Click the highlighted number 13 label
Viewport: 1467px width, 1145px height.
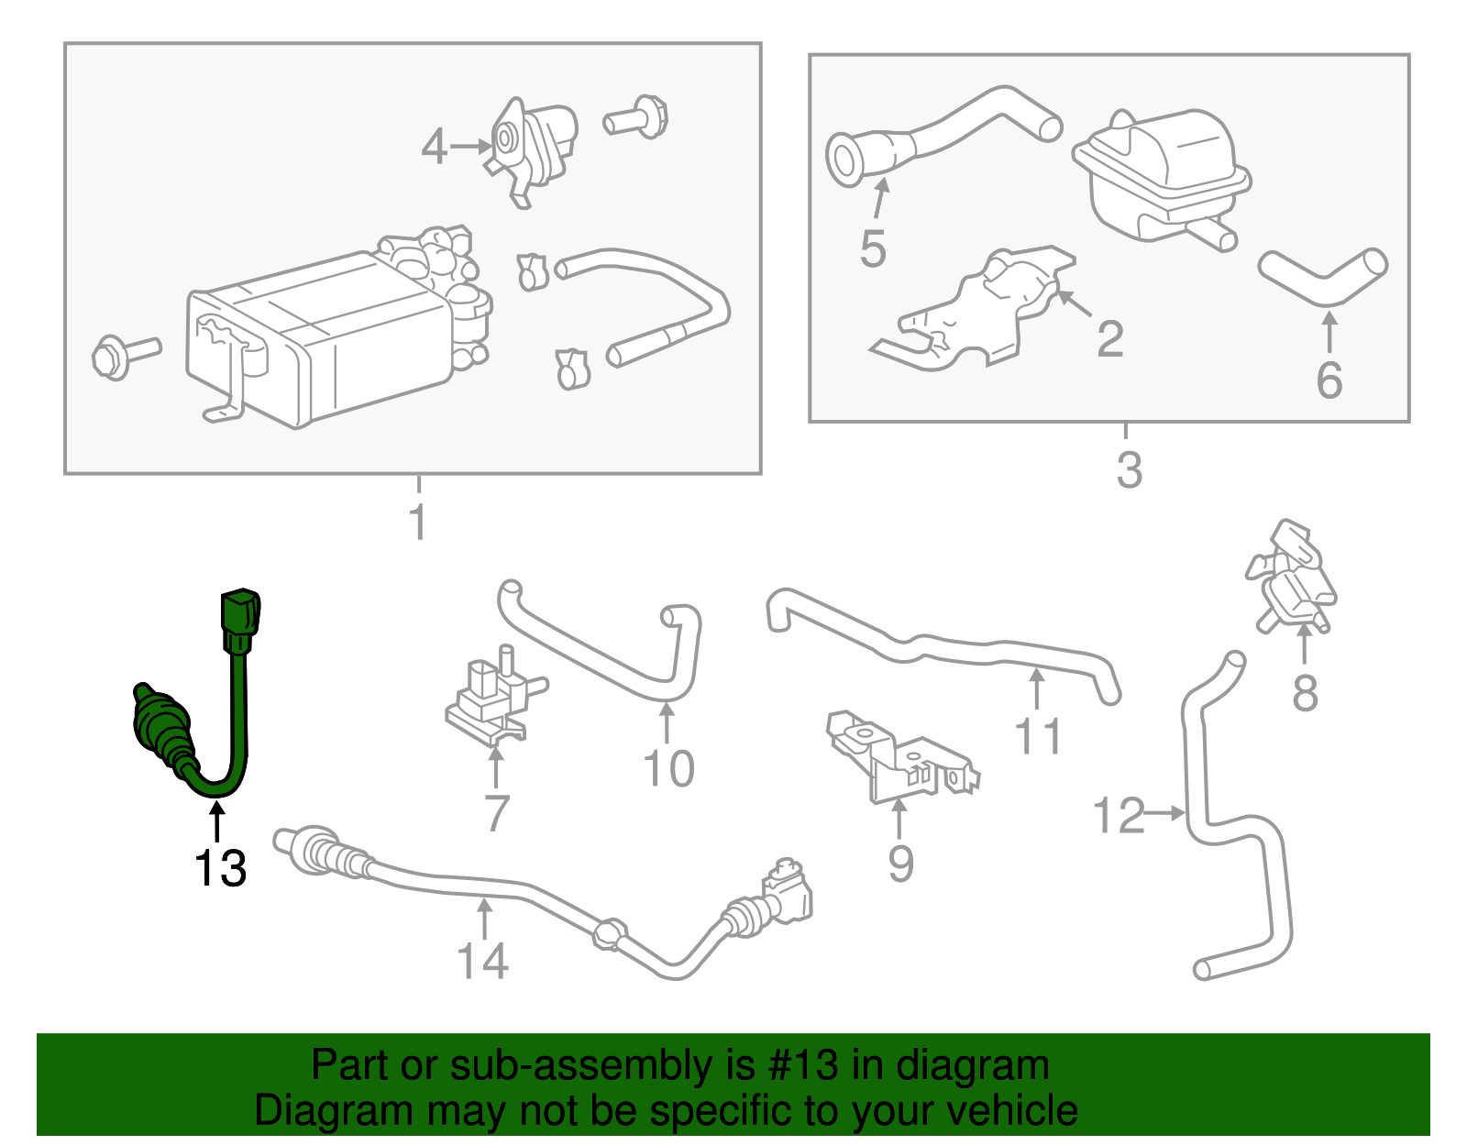(220, 868)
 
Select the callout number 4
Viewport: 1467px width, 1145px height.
(434, 147)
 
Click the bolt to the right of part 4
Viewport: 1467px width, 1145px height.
(636, 118)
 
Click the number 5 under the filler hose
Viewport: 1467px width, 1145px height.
(872, 249)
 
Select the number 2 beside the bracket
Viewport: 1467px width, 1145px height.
(1109, 339)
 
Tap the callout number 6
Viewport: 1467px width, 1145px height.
(1329, 380)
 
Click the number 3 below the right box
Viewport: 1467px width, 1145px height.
(1129, 469)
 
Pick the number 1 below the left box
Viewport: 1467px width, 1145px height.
(418, 523)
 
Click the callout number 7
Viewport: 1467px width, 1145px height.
(496, 812)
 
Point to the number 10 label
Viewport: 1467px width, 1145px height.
(668, 768)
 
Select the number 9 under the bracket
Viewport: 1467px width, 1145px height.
(900, 864)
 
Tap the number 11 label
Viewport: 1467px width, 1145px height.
(1038, 736)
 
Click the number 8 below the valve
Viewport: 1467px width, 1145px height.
(1305, 693)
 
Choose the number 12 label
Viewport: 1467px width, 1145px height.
(1119, 816)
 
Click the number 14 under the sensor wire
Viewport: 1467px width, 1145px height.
(482, 961)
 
